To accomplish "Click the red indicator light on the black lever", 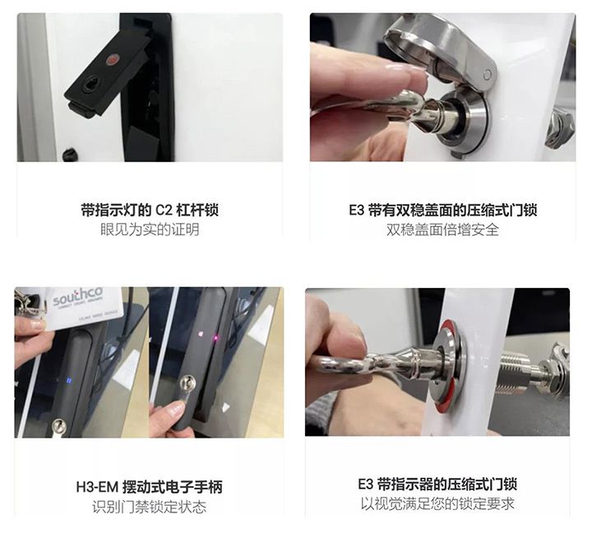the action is tap(113, 60).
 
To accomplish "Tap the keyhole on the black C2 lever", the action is tap(91, 86).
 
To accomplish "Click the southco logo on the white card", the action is tap(78, 297).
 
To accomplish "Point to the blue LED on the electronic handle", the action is tap(69, 380).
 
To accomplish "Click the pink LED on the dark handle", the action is tap(215, 337).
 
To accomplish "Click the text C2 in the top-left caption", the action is tap(164, 210).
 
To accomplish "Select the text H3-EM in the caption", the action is tap(97, 487).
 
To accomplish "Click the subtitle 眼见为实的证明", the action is tap(150, 229).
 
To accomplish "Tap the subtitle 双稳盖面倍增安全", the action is tap(442, 229).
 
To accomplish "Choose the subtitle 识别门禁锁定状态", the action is tap(150, 507).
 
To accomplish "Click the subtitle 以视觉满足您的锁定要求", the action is tap(437, 504).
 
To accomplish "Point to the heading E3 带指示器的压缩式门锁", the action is tap(437, 484).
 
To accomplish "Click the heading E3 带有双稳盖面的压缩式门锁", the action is tap(442, 210).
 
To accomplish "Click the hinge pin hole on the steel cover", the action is tap(487, 74).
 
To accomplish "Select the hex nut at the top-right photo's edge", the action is tap(560, 127).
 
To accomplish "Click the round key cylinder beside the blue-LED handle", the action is tap(59, 426).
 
